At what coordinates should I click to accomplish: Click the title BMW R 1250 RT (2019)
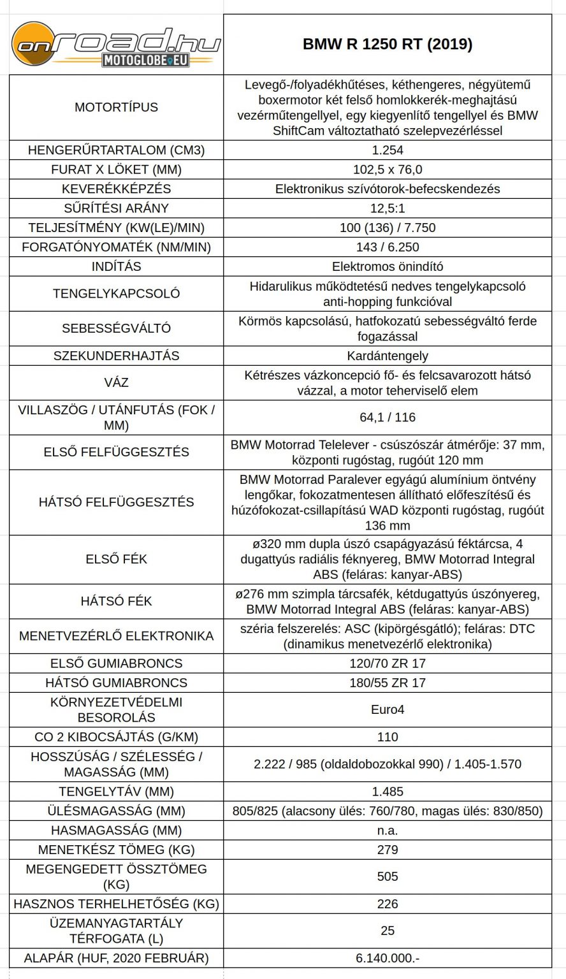[x=387, y=45]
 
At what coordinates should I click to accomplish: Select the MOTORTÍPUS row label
[x=117, y=107]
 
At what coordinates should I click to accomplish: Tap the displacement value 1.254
[x=388, y=150]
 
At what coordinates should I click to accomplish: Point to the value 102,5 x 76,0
[x=388, y=170]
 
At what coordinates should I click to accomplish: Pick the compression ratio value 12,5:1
[x=388, y=208]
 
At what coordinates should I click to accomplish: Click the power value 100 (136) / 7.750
[x=388, y=228]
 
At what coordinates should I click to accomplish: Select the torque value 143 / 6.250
[x=388, y=247]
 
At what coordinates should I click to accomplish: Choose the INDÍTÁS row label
[x=117, y=266]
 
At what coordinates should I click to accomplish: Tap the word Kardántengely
[x=388, y=356]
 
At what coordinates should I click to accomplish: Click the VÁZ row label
[x=117, y=382]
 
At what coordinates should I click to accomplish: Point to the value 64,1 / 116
[x=388, y=417]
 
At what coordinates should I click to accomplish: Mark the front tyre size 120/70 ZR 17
[x=388, y=663]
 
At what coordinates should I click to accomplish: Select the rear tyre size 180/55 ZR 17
[x=388, y=683]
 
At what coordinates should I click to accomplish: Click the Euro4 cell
[x=388, y=709]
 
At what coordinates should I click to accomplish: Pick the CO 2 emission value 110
[x=388, y=737]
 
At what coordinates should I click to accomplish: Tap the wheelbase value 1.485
[x=388, y=792]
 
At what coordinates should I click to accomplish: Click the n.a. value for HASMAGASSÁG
[x=388, y=830]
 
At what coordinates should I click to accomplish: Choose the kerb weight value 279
[x=388, y=850]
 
